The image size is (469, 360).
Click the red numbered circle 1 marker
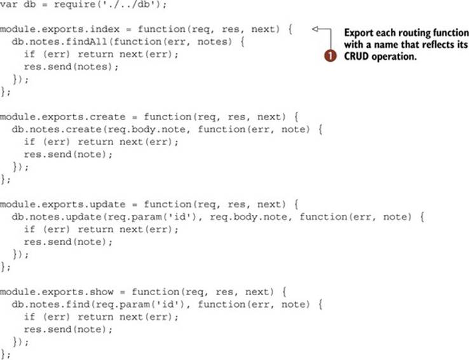(330, 56)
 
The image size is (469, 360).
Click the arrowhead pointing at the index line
(315, 29)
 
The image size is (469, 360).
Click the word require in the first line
(71, 5)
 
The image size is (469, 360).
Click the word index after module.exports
(104, 29)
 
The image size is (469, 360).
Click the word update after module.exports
(107, 204)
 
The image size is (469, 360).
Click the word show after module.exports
(102, 292)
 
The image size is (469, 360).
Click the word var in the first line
(9, 5)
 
